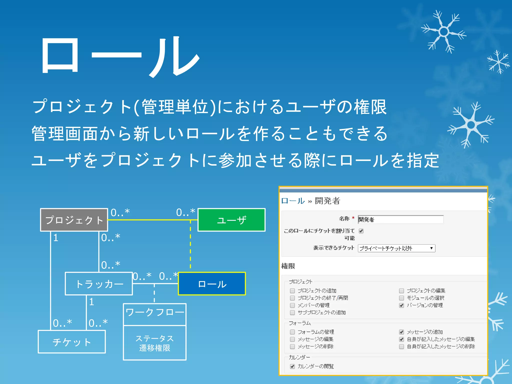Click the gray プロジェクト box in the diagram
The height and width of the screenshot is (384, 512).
(x=74, y=220)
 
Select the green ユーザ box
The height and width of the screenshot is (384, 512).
(x=231, y=220)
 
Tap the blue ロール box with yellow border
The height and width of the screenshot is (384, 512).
(x=212, y=284)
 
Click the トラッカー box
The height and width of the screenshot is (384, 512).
(x=99, y=284)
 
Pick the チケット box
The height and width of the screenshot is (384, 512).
(x=72, y=342)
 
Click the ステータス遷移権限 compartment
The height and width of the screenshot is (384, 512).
(x=155, y=343)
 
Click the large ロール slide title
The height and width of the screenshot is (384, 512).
(x=120, y=56)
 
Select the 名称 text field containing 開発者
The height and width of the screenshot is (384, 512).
(x=400, y=219)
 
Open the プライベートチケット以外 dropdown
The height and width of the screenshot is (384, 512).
(x=396, y=248)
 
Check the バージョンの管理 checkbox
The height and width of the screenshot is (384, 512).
(x=401, y=305)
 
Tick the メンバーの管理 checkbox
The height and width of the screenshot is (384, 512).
(x=292, y=305)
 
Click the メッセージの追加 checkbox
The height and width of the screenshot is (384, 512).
(x=401, y=332)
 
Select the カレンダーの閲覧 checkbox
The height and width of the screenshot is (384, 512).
(x=292, y=366)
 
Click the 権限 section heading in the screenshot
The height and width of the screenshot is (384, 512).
(x=288, y=266)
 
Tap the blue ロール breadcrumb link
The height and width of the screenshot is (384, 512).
(x=293, y=201)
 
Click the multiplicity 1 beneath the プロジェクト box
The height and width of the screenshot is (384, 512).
(x=56, y=238)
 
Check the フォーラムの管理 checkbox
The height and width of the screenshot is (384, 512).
(x=292, y=332)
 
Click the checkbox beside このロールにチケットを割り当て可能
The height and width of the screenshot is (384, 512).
(x=361, y=231)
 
